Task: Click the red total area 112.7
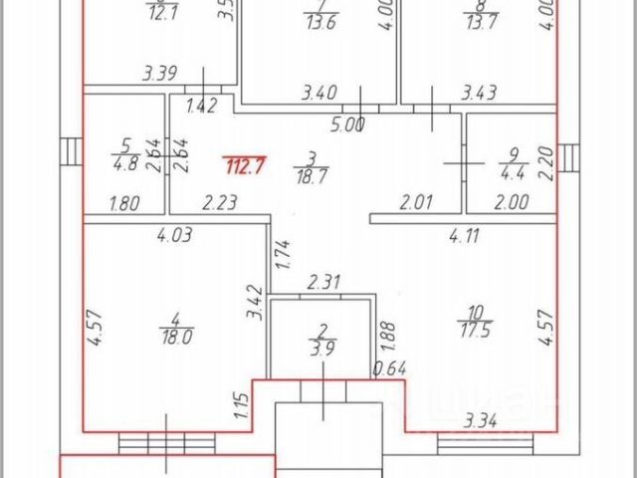(244, 166)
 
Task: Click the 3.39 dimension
(161, 72)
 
